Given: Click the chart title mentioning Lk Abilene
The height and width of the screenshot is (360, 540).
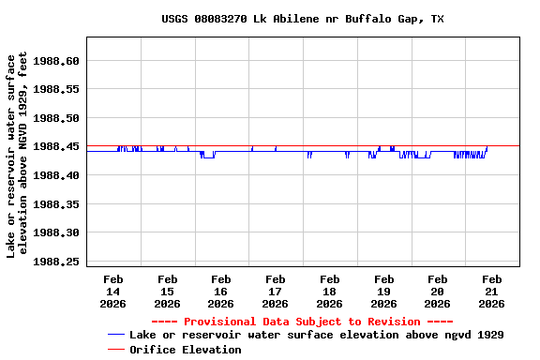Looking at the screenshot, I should coord(302,19).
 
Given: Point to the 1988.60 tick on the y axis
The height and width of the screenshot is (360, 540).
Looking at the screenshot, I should coord(55,61).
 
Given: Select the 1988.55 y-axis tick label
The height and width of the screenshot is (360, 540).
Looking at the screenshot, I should coord(55,90).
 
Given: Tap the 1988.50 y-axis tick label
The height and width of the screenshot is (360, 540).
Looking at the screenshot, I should coord(55,119).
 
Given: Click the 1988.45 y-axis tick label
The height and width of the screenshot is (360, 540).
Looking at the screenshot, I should coord(55,147).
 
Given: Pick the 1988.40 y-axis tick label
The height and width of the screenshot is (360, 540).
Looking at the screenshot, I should coord(55,176).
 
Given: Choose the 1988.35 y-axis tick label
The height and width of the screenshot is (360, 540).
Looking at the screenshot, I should coord(55,204).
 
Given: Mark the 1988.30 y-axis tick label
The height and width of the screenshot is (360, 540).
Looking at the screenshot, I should coord(55,233).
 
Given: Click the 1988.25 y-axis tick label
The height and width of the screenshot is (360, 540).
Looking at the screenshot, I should coord(55,262).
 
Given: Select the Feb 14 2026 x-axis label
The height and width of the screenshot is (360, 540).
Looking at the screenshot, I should coord(113,292).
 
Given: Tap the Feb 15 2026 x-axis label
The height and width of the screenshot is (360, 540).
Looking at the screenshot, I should coord(168,292).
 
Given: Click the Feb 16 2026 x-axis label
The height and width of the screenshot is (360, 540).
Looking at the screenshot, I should coord(221,292).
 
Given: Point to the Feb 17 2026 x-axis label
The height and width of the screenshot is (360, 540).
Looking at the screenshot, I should coord(276,292).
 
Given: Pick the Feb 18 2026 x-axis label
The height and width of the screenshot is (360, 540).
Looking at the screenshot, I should coord(330,292).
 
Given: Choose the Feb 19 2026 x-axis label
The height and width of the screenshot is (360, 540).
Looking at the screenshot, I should coord(383,292).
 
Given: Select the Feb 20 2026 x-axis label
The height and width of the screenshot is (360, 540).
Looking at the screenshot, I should coord(437,292).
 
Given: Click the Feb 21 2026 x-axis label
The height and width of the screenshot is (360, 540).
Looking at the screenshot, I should coord(491,292).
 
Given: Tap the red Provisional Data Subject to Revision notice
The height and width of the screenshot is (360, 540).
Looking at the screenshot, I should coord(302,322).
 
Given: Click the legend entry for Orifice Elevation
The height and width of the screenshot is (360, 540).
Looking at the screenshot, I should coord(185,350).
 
